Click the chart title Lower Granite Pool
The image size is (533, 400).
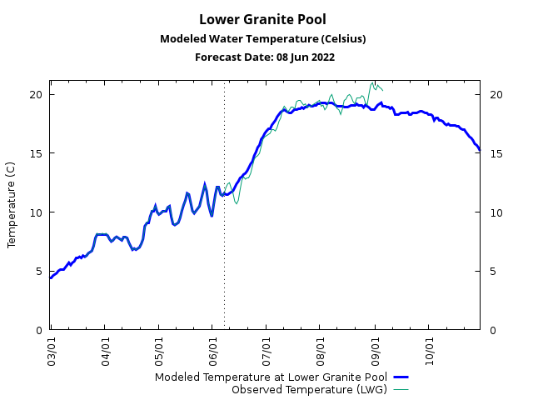262,19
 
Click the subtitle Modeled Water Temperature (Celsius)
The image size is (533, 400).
262,38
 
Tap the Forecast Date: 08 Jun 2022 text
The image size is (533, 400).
265,57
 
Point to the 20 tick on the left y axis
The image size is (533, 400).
37,94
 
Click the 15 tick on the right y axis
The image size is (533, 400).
496,153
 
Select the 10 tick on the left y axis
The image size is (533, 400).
37,212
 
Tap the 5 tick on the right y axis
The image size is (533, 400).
493,271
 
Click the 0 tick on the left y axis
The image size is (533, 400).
39,330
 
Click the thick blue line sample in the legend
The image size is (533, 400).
401,377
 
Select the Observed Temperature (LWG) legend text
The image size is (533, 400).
309,389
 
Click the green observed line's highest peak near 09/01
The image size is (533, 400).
374,82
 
